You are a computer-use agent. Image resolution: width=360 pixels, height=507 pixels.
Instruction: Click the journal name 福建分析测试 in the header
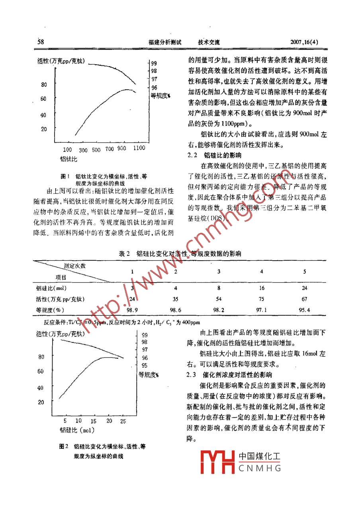click(x=164, y=42)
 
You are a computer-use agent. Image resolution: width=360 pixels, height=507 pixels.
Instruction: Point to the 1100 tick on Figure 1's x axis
click(x=139, y=149)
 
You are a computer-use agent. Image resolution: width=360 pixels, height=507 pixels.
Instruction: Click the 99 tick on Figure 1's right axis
click(x=154, y=63)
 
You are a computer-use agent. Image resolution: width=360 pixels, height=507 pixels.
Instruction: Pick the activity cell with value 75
click(x=261, y=299)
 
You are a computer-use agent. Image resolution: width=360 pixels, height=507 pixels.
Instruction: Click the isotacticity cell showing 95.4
click(x=304, y=310)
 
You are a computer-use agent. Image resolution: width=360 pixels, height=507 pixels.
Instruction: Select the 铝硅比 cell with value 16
click(x=261, y=288)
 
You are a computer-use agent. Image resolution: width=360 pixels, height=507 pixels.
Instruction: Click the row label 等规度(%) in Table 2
click(x=50, y=310)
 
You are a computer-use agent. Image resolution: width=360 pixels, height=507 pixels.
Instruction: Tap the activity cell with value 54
click(x=219, y=299)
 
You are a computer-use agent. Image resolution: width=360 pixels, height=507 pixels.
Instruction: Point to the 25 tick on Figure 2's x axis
click(x=123, y=421)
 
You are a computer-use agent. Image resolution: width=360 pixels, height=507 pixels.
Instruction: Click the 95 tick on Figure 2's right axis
click(x=145, y=365)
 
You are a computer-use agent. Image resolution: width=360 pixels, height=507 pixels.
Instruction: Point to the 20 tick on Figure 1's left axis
click(x=44, y=129)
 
